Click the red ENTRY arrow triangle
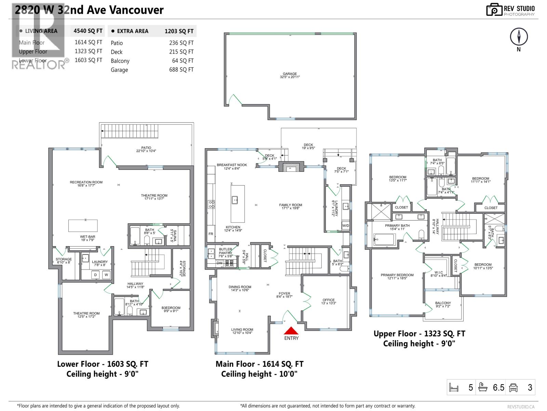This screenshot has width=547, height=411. pyautogui.click(x=291, y=331)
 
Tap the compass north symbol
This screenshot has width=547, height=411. pyautogui.click(x=519, y=37)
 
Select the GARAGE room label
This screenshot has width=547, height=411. pyautogui.click(x=290, y=74)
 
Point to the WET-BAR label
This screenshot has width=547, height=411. pyautogui.click(x=88, y=237)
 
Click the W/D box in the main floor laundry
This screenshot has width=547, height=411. pyautogui.click(x=346, y=226)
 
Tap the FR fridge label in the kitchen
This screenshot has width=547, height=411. pyautogui.click(x=211, y=234)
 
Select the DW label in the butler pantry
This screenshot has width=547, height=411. pyautogui.click(x=219, y=263)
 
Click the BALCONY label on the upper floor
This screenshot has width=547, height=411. pyautogui.click(x=443, y=303)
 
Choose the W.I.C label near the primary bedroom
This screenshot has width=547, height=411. pyautogui.click(x=438, y=273)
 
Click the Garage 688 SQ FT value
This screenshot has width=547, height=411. pyautogui.click(x=181, y=70)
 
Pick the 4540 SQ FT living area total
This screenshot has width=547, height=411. pyautogui.click(x=88, y=31)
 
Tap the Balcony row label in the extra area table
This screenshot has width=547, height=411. pyautogui.click(x=120, y=61)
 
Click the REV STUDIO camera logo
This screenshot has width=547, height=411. pyautogui.click(x=494, y=10)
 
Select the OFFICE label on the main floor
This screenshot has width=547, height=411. pyautogui.click(x=329, y=300)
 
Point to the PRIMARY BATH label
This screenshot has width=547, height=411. pyautogui.click(x=397, y=226)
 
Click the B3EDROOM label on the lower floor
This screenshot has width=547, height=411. pyautogui.click(x=171, y=308)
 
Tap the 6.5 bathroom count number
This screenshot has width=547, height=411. pyautogui.click(x=498, y=387)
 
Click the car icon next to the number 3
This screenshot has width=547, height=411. pyautogui.click(x=513, y=387)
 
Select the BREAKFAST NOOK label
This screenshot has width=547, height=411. pyautogui.click(x=231, y=165)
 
